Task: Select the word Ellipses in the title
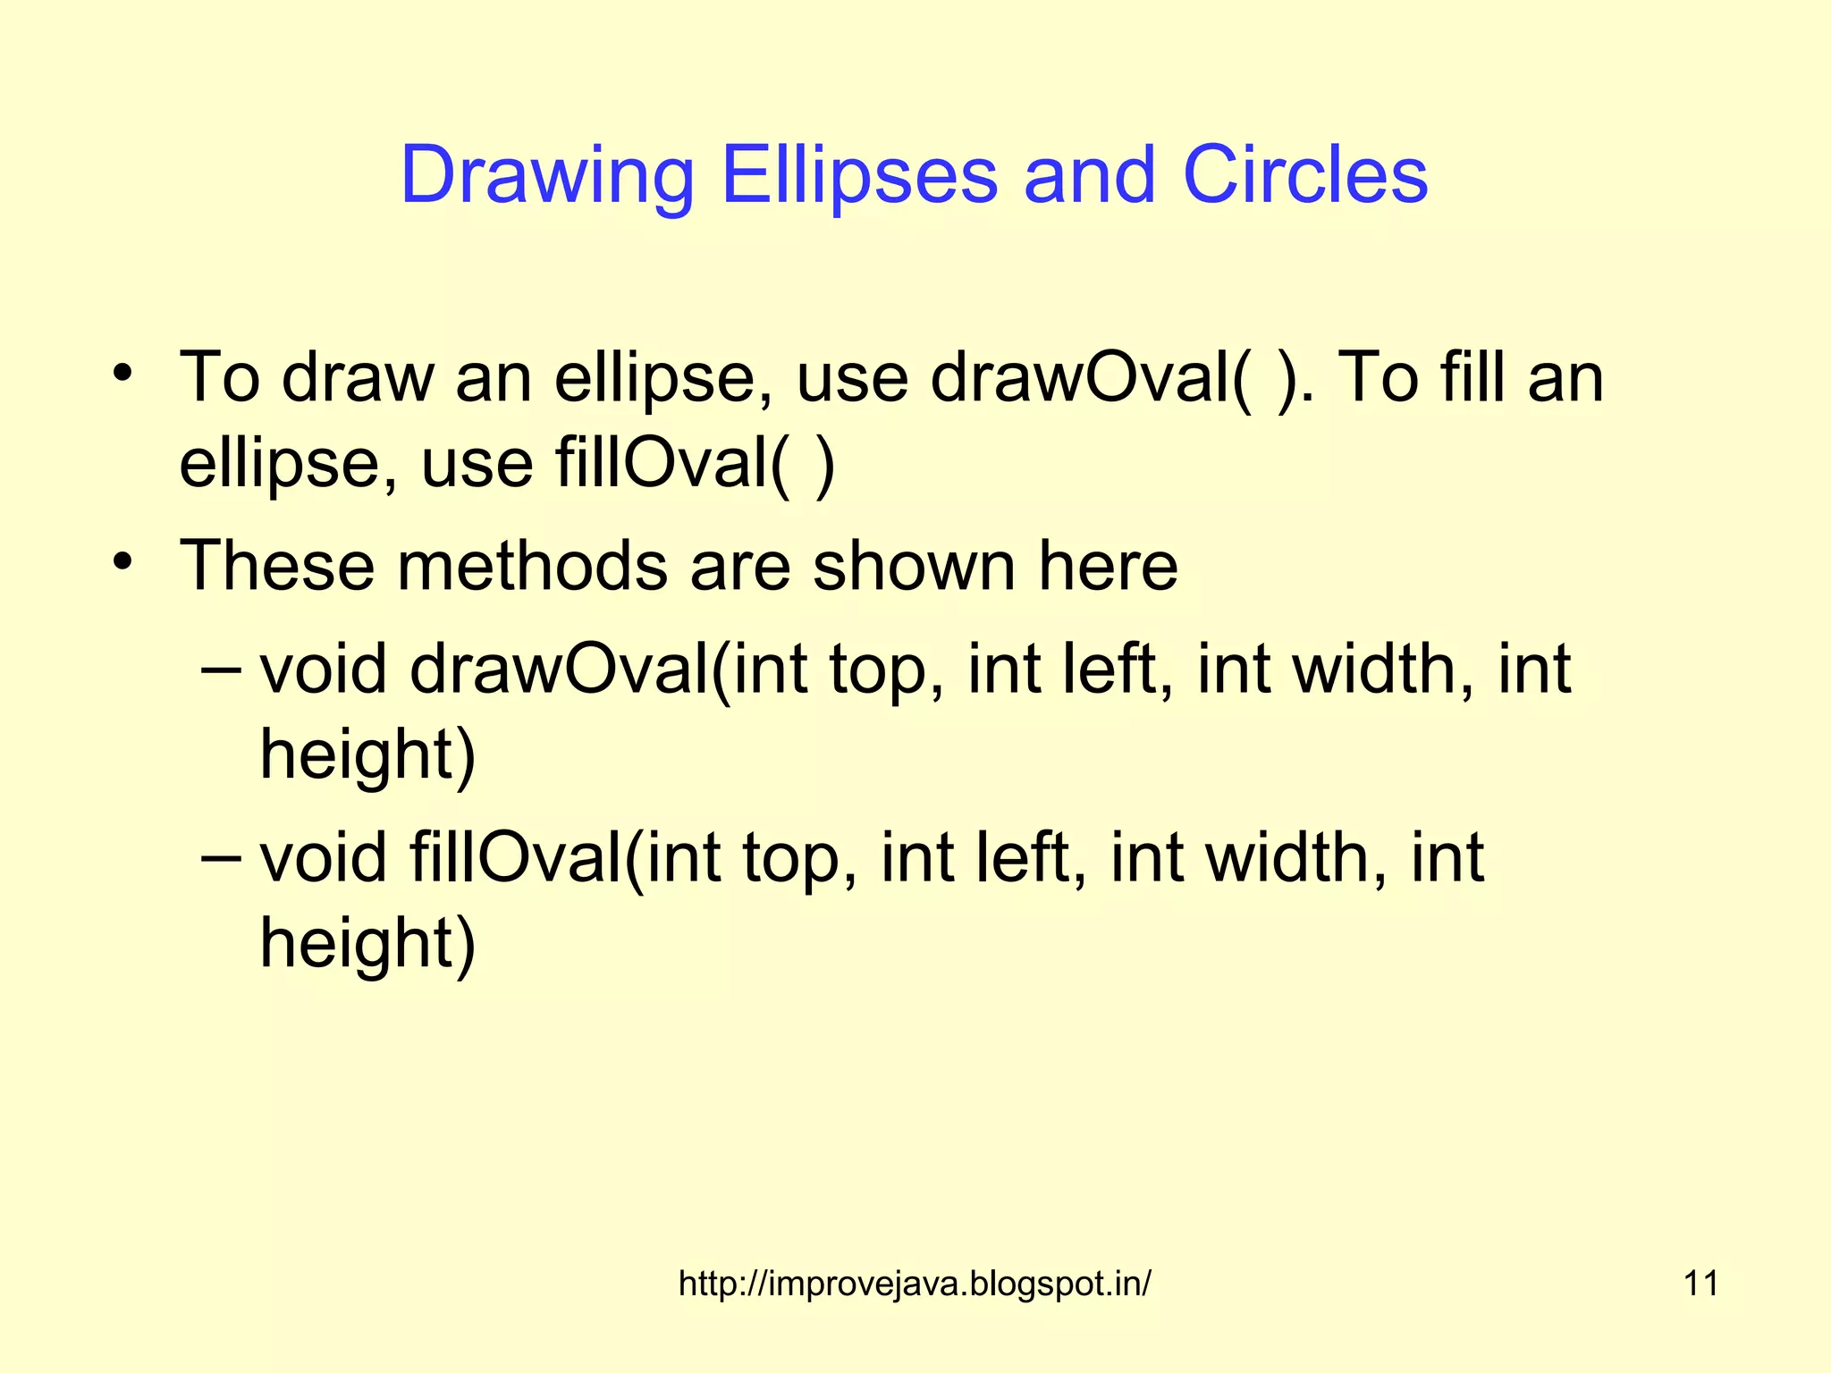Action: click(x=858, y=176)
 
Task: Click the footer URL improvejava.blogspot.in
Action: click(x=915, y=1284)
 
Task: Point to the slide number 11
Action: click(x=1700, y=1284)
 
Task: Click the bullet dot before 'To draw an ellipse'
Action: click(x=123, y=373)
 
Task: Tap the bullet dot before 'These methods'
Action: click(x=123, y=562)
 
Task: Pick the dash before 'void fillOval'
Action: click(x=221, y=856)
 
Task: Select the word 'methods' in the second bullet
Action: click(x=532, y=566)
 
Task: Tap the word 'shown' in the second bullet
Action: click(x=914, y=566)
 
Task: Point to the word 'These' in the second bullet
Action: click(x=277, y=566)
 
